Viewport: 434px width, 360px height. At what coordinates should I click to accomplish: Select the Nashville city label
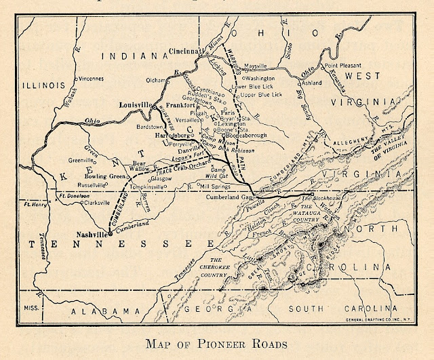click(x=88, y=233)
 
